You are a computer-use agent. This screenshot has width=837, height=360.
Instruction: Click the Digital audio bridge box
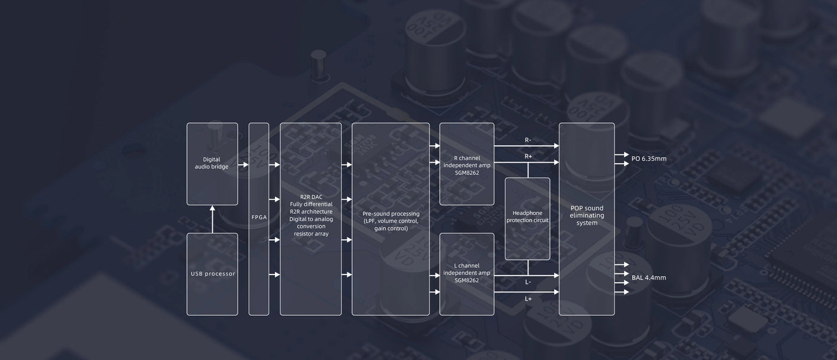212,164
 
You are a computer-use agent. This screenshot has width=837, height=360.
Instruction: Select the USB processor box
212,274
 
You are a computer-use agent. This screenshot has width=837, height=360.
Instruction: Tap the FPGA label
258,217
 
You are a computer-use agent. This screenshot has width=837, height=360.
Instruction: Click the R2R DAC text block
311,215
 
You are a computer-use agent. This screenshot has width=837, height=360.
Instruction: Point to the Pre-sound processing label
391,221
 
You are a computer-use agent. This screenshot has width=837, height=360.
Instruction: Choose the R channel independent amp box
467,164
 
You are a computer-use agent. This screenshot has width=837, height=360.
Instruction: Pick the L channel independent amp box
467,273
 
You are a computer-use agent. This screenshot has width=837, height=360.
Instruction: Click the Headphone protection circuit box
527,217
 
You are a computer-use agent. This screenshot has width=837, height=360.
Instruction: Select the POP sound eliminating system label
586,215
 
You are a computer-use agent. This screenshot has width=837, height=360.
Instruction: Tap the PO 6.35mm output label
649,159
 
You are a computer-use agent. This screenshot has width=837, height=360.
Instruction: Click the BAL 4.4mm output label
649,277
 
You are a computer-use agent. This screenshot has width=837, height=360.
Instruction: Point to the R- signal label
528,140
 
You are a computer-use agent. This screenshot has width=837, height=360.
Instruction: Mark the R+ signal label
528,156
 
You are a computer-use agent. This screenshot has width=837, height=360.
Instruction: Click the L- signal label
528,282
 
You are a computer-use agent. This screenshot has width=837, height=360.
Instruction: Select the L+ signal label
528,298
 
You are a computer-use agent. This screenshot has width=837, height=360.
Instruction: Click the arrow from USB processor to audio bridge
212,219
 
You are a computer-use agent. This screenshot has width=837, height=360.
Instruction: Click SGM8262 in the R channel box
467,173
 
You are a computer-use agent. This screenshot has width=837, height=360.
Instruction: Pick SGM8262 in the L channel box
467,280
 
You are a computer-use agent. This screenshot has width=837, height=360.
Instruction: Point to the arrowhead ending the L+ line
555,292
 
